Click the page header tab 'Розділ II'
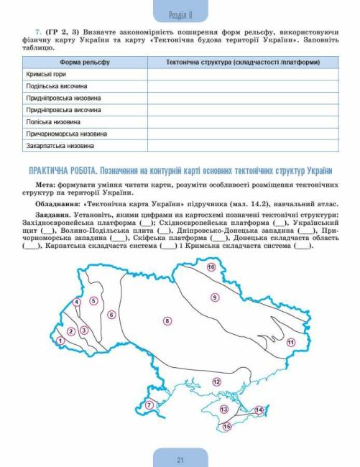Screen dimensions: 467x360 pyautogui.click(x=180, y=14)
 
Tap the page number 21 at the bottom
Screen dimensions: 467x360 pyautogui.click(x=180, y=459)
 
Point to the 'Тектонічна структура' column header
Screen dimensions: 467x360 pyautogui.click(x=243, y=63)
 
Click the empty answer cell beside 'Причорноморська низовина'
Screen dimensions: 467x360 pyautogui.click(x=243, y=134)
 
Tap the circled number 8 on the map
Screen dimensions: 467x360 pyautogui.click(x=167, y=320)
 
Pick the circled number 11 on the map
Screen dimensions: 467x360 pyautogui.click(x=290, y=343)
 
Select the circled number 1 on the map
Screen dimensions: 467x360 pyautogui.click(x=61, y=341)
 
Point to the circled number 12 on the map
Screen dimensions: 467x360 pyautogui.click(x=216, y=382)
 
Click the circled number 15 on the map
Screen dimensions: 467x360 pyautogui.click(x=228, y=427)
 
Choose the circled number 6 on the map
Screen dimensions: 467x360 pyautogui.click(x=111, y=315)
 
